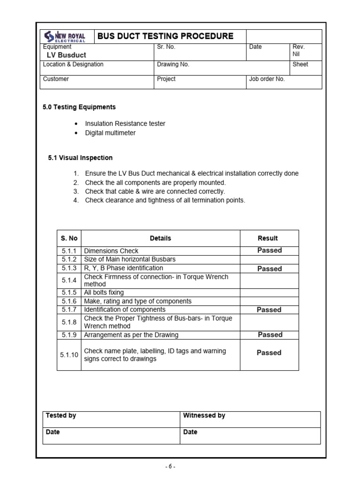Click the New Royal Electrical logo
pos(65,36)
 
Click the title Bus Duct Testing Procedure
pos(165,36)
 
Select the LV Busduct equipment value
pos(66,55)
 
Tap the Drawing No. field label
pos(173,65)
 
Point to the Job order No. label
pos(267,79)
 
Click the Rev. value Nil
pos(296,54)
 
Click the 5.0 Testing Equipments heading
pos(79,107)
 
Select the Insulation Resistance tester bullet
pos(125,124)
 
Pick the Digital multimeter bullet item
pos(110,133)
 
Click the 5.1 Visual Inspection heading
pos(80,158)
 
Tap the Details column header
pos(160,238)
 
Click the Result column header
pos(268,238)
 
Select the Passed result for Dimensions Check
pos(269,250)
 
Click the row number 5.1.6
pos(69,301)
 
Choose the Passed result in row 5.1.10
pos(269,353)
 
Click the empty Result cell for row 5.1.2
pos(269,259)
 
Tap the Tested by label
pos(61,416)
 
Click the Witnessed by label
pos(204,416)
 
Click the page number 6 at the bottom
pos(171,467)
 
